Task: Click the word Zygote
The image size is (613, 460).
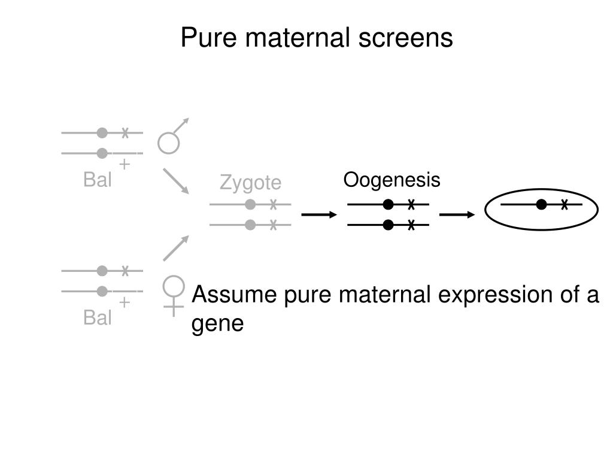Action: (x=250, y=183)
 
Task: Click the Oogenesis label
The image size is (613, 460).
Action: (x=392, y=180)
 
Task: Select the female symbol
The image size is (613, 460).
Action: (x=174, y=293)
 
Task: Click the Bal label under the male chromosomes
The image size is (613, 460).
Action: (x=98, y=180)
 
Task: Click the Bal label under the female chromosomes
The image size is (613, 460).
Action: (x=98, y=317)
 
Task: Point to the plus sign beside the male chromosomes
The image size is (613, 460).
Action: (x=124, y=164)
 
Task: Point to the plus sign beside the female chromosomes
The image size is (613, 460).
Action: (x=124, y=302)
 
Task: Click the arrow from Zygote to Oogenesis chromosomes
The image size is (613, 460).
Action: (x=319, y=214)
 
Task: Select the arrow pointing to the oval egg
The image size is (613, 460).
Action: (x=457, y=214)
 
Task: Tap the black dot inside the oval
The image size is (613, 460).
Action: (x=542, y=205)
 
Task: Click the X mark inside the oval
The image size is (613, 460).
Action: (x=565, y=205)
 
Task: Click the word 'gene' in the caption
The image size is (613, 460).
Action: (x=217, y=323)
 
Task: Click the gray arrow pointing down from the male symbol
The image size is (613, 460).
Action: (x=175, y=181)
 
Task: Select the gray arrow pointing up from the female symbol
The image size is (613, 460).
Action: (x=175, y=248)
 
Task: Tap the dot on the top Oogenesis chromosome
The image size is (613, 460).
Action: (x=389, y=205)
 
